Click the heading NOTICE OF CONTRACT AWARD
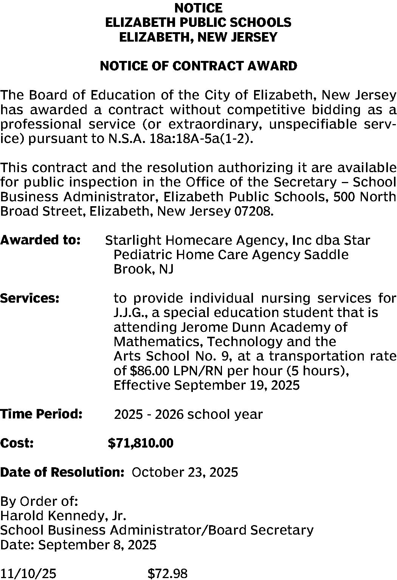pyautogui.click(x=198, y=66)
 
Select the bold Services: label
pyautogui.click(x=30, y=298)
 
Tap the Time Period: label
pyautogui.click(x=41, y=414)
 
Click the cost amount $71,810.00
pyautogui.click(x=141, y=443)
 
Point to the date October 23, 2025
pyautogui.click(x=185, y=472)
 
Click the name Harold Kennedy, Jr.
pyautogui.click(x=63, y=516)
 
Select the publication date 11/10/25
pyautogui.click(x=28, y=574)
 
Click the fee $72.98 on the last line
pyautogui.click(x=167, y=574)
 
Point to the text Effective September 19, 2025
pyautogui.click(x=206, y=386)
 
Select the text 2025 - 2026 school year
pyautogui.click(x=188, y=414)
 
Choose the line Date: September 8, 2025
pyautogui.click(x=78, y=545)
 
